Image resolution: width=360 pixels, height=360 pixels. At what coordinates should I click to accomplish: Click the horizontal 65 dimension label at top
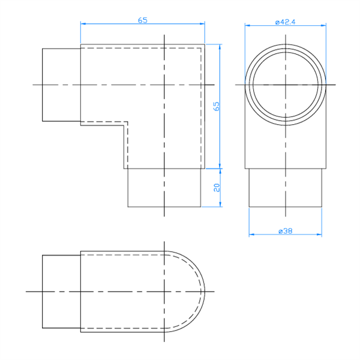pyautogui.click(x=142, y=20)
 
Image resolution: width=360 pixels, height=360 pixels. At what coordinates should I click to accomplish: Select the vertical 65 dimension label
pyautogui.click(x=216, y=107)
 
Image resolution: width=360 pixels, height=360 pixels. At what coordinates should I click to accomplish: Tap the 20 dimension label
pyautogui.click(x=217, y=188)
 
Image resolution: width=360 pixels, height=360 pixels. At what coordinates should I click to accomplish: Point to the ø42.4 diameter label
pyautogui.click(x=285, y=22)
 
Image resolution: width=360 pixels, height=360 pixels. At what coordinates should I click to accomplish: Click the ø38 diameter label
pyautogui.click(x=286, y=231)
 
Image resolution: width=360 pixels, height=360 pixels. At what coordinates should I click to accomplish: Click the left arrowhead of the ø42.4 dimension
pyautogui.click(x=247, y=25)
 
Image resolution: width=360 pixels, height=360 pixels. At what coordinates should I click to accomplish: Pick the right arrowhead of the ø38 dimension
pyautogui.click(x=319, y=235)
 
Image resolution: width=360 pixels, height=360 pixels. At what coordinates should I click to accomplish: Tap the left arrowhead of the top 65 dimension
pyautogui.click(x=83, y=23)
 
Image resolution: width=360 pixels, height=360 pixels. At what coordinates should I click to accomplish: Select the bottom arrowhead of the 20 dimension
pyautogui.click(x=220, y=205)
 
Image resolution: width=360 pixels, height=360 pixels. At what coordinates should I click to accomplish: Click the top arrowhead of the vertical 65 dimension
pyautogui.click(x=220, y=47)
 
